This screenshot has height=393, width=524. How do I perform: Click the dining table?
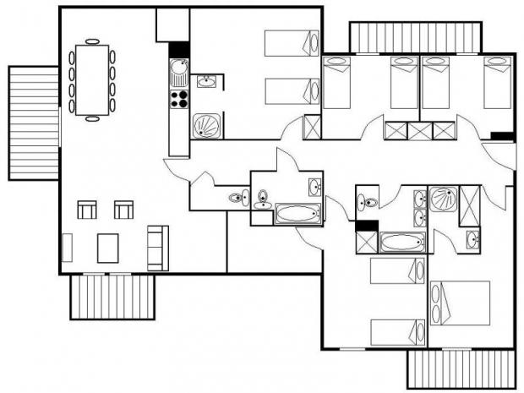[x=92, y=79]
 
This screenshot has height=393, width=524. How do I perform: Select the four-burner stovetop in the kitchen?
[x=179, y=100]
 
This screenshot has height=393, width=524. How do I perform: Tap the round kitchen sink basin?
[x=179, y=67]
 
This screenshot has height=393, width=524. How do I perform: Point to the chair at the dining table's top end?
[x=91, y=40]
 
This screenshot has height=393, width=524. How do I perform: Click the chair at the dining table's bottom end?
[x=91, y=118]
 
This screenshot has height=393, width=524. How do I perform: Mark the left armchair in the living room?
[x=87, y=209]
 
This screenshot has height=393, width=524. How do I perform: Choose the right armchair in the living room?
[x=123, y=209]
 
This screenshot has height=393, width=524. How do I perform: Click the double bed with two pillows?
[x=460, y=303]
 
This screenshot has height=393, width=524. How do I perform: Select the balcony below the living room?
[x=112, y=297]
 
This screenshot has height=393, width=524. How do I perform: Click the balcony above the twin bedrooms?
[x=415, y=37]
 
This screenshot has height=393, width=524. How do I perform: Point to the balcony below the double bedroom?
[x=461, y=369]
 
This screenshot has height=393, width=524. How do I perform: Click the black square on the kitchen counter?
[x=179, y=49]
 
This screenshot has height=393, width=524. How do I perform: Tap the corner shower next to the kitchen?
[x=206, y=126]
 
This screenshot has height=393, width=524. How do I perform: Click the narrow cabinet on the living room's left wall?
[x=68, y=248]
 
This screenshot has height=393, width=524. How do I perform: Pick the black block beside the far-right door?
[x=502, y=136]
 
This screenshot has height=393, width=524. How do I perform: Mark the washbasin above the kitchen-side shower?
[x=207, y=82]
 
